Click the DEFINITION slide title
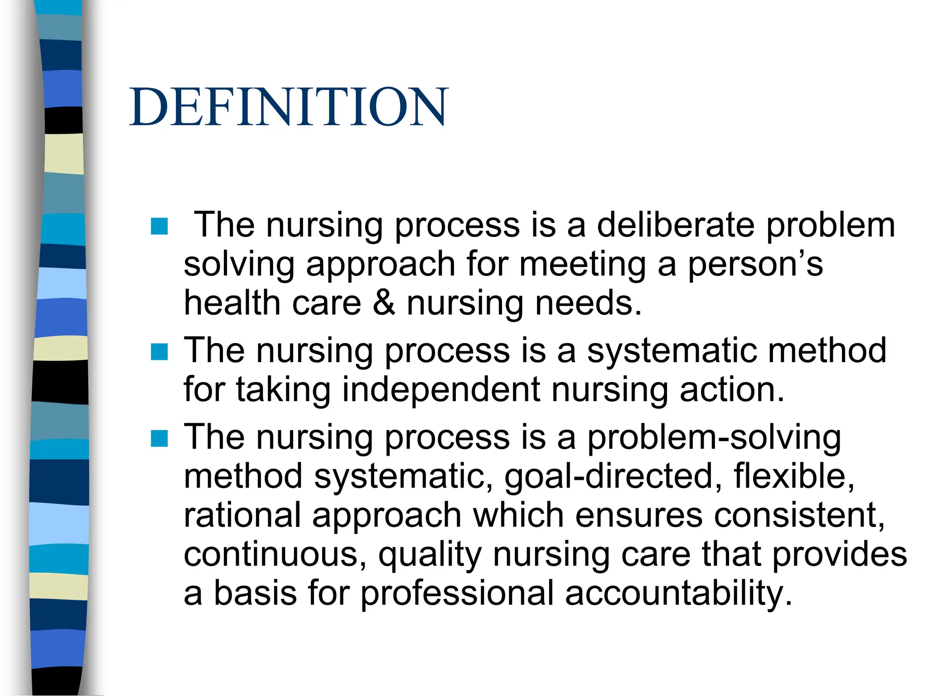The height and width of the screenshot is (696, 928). (289, 107)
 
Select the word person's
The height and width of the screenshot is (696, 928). (755, 264)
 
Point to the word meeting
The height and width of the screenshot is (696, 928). (583, 264)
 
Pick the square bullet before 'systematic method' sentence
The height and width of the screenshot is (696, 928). (159, 352)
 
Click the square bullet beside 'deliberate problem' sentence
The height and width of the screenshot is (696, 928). (159, 226)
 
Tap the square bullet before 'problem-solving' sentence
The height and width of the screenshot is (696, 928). (159, 439)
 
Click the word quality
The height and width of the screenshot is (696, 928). (430, 555)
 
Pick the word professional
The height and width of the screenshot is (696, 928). (457, 593)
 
